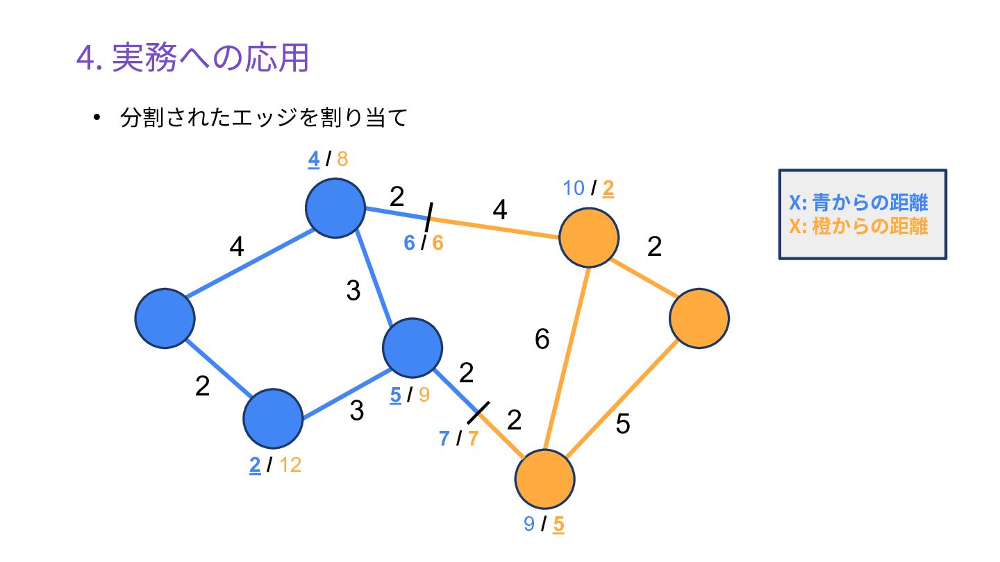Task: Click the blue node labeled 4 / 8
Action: [x=335, y=208]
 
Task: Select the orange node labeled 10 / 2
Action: [x=589, y=237]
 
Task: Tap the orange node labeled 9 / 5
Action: [x=544, y=479]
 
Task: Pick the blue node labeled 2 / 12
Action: [x=273, y=418]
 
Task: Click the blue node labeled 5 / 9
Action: [x=412, y=348]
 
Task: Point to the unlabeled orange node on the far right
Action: [x=699, y=318]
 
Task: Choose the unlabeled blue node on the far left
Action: [x=165, y=318]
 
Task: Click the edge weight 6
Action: [x=542, y=339]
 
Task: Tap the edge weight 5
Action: [x=623, y=424]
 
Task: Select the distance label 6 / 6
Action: [x=423, y=243]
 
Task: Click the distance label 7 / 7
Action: [x=458, y=438]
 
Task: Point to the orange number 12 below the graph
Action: [x=290, y=465]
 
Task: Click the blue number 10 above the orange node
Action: [x=574, y=188]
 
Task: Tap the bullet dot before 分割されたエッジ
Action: [x=97, y=118]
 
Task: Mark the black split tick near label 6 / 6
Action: [x=429, y=217]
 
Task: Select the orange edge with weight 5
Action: [x=622, y=399]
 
